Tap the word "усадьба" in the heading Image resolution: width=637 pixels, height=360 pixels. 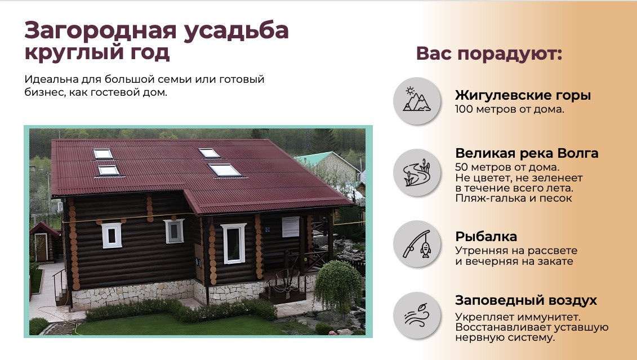click(236, 31)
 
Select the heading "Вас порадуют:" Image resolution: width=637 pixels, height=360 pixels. click(489, 54)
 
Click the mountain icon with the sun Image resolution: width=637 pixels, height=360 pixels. click(417, 100)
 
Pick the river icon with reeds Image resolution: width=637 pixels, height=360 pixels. click(417, 172)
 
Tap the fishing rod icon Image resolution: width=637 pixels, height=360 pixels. click(417, 244)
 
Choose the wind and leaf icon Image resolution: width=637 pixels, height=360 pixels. click(417, 315)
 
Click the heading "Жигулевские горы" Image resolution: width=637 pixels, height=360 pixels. click(523, 95)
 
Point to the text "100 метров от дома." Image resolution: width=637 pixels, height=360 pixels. click(510, 109)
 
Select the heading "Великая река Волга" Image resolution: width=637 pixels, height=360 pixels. click(527, 153)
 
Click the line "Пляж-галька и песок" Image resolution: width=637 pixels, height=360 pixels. click(514, 198)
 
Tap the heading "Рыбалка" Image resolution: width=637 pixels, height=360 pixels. click(486, 237)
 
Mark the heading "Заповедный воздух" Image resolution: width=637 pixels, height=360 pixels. click(525, 301)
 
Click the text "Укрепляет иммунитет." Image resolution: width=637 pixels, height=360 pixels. click(518, 317)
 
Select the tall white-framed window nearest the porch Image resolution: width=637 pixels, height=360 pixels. click(234, 243)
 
